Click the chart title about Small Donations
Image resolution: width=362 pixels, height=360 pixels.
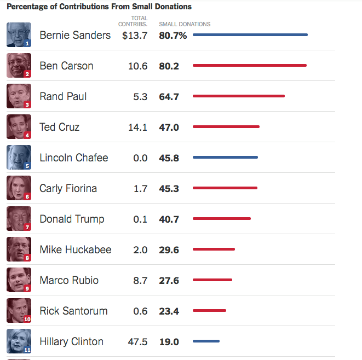pos(99,7)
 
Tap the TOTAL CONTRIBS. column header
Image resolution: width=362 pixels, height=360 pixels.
pos(133,21)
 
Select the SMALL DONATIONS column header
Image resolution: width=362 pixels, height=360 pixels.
pos(185,24)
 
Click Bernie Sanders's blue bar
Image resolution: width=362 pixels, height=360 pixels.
pos(250,34)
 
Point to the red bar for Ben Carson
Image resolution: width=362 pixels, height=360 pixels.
pos(250,65)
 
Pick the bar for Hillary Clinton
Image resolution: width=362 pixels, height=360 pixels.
pos(206,341)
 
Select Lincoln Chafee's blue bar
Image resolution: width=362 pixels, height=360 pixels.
pos(225,157)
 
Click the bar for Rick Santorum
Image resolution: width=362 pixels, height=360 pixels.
pos(209,310)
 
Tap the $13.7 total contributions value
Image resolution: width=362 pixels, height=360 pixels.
pos(135,36)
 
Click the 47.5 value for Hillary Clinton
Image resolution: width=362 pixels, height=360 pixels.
pos(137,341)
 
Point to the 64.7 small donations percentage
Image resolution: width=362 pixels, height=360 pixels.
pos(169,97)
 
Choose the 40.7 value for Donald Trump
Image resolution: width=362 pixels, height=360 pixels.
pos(169,219)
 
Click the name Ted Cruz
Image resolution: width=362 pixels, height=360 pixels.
pos(60,127)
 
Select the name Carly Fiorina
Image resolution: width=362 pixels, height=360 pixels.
pos(68,188)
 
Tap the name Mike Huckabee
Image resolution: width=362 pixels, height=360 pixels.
pos(76,249)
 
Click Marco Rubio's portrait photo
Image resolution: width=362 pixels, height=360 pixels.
pos(19,280)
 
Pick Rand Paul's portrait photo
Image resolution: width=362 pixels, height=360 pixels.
pos(19,96)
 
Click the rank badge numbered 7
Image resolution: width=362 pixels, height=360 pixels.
pos(27,227)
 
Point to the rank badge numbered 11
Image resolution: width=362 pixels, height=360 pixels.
pos(27,349)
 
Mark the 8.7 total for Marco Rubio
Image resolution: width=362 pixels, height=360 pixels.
pos(140,280)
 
